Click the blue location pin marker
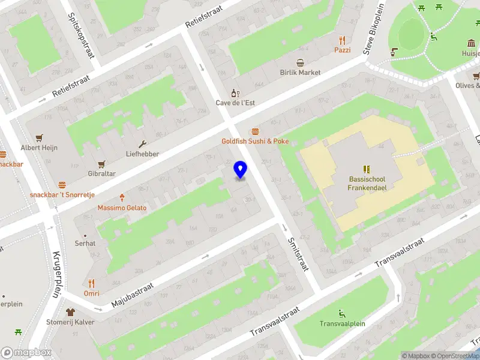point(241,170)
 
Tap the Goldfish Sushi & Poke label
point(255,141)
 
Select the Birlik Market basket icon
point(301,62)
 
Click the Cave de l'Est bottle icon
point(236,93)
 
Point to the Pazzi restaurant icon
point(343,40)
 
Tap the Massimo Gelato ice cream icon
point(122,197)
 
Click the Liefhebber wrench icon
point(142,144)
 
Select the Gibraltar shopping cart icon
point(101,164)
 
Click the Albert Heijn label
point(40,148)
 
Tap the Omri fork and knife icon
point(91,283)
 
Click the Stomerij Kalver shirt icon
point(71,312)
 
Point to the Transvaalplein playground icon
point(342,314)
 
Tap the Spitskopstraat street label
point(82,36)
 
